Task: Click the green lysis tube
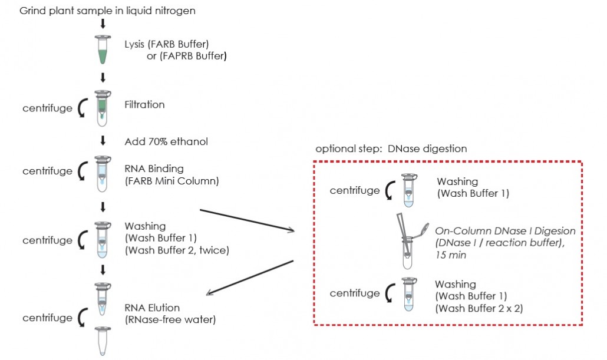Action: [x=103, y=49]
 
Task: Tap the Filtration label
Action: [x=144, y=104]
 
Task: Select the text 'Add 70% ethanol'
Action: [x=166, y=141]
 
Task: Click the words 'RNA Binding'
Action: [x=154, y=169]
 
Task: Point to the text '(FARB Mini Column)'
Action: [x=171, y=181]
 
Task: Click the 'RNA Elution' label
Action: [x=152, y=308]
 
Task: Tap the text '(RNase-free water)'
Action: [x=170, y=320]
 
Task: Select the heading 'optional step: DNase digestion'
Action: [x=391, y=148]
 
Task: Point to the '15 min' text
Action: [x=451, y=255]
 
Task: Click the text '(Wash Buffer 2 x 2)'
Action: [x=479, y=309]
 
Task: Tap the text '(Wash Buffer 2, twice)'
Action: [x=177, y=250]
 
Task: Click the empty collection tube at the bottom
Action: [x=103, y=341]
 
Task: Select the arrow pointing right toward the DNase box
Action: [x=247, y=220]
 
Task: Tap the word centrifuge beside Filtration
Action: [x=47, y=108]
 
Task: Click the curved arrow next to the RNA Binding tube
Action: [x=82, y=171]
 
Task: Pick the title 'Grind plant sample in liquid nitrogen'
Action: [x=107, y=11]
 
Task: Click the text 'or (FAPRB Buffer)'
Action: [x=187, y=56]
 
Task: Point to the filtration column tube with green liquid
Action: [x=103, y=108]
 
